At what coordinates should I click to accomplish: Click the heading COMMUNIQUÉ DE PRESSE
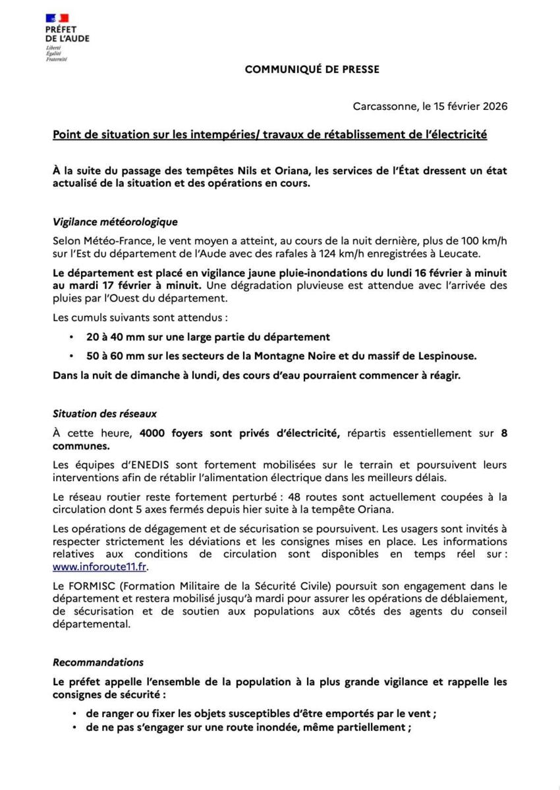312,69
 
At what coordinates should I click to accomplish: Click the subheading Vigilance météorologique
115,223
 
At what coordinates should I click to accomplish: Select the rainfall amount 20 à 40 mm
117,336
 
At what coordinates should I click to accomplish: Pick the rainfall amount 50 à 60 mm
117,355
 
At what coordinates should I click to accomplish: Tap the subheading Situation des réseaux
105,414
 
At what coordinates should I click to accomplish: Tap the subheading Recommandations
98,662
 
